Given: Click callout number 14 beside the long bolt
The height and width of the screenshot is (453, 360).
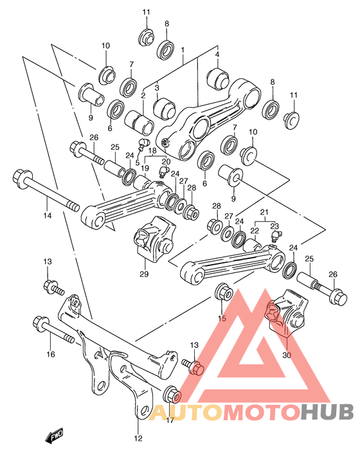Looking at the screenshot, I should tap(46, 217).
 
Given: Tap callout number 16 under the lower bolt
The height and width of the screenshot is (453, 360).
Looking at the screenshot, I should tap(51, 354).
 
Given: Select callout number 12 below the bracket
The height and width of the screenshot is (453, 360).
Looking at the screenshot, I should tap(138, 439).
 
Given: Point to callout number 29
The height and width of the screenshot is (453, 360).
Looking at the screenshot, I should tap(143, 274).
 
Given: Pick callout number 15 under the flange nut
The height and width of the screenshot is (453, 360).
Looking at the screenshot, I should tap(222, 318).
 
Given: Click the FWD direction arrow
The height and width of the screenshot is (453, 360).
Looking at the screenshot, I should tap(53, 438).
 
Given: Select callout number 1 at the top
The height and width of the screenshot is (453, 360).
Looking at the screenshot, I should tap(183, 49).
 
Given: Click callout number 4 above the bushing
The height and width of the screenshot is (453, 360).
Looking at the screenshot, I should tap(217, 54).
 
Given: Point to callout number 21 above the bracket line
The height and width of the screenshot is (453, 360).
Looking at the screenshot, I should tap(263, 213).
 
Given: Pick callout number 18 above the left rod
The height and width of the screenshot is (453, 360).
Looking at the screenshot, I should tap(153, 150).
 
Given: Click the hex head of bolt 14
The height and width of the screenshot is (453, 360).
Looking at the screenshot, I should tap(20, 176).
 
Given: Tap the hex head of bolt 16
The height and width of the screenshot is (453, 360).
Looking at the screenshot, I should tap(39, 322).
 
